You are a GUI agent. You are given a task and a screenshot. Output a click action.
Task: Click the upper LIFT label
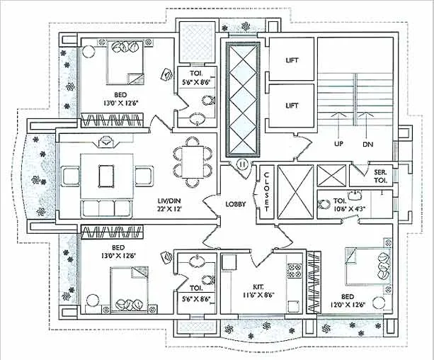coord(291,61)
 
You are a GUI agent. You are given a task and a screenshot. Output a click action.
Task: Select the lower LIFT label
coord(291,106)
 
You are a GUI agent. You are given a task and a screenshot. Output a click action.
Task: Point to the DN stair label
coord(367,144)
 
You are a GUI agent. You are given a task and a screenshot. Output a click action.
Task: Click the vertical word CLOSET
coord(267,191)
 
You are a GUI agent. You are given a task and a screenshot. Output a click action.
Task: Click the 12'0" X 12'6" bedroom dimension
coord(353,305)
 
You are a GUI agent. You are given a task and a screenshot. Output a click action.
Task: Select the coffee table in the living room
coord(106,174)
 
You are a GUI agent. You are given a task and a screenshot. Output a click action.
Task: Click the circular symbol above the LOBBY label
coord(243,164)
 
